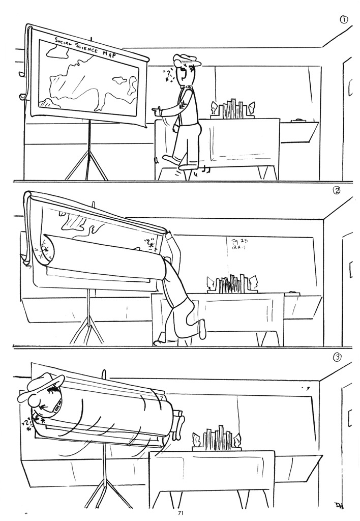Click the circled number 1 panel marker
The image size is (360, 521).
(344, 20)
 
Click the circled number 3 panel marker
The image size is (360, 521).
(337, 357)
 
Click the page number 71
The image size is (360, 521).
(180, 513)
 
